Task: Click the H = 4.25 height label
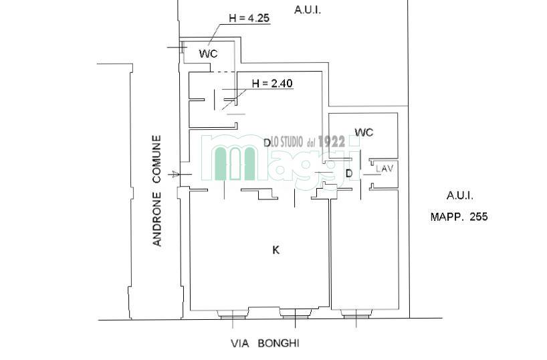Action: [249, 18]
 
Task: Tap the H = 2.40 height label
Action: [272, 84]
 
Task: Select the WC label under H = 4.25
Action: [208, 54]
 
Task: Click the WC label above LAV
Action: [364, 132]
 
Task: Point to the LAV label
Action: [385, 169]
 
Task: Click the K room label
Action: [276, 250]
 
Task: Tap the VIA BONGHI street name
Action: [265, 343]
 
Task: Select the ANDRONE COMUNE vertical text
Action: [157, 191]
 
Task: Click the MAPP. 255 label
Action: [459, 217]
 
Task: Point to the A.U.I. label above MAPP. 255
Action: [460, 195]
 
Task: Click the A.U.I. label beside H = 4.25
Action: [308, 10]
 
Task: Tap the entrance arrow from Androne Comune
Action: [174, 174]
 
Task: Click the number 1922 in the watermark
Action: [332, 141]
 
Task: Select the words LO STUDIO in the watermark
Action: [287, 142]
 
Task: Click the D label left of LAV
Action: [349, 173]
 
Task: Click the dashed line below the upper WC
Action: [223, 72]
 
